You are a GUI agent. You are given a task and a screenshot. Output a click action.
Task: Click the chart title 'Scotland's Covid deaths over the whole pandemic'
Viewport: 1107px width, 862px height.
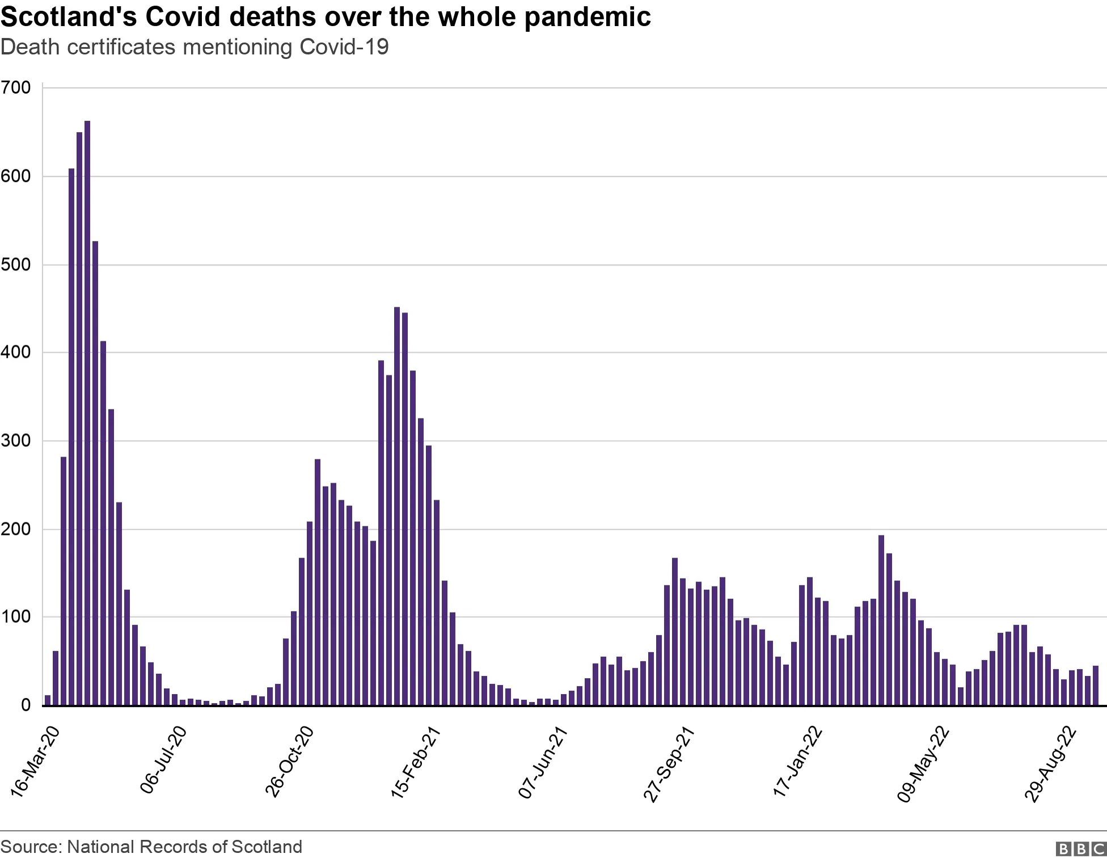pos(326,17)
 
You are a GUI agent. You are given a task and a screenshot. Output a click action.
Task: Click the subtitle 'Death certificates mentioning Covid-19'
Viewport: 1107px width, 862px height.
pos(195,47)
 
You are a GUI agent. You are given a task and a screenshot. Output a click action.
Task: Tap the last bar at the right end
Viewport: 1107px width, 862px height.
pos(1095,686)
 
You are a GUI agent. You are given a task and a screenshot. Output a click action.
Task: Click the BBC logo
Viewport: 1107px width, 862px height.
pos(1080,849)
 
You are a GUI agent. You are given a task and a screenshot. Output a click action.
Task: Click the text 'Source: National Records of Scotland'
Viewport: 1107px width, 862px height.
pos(151,847)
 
